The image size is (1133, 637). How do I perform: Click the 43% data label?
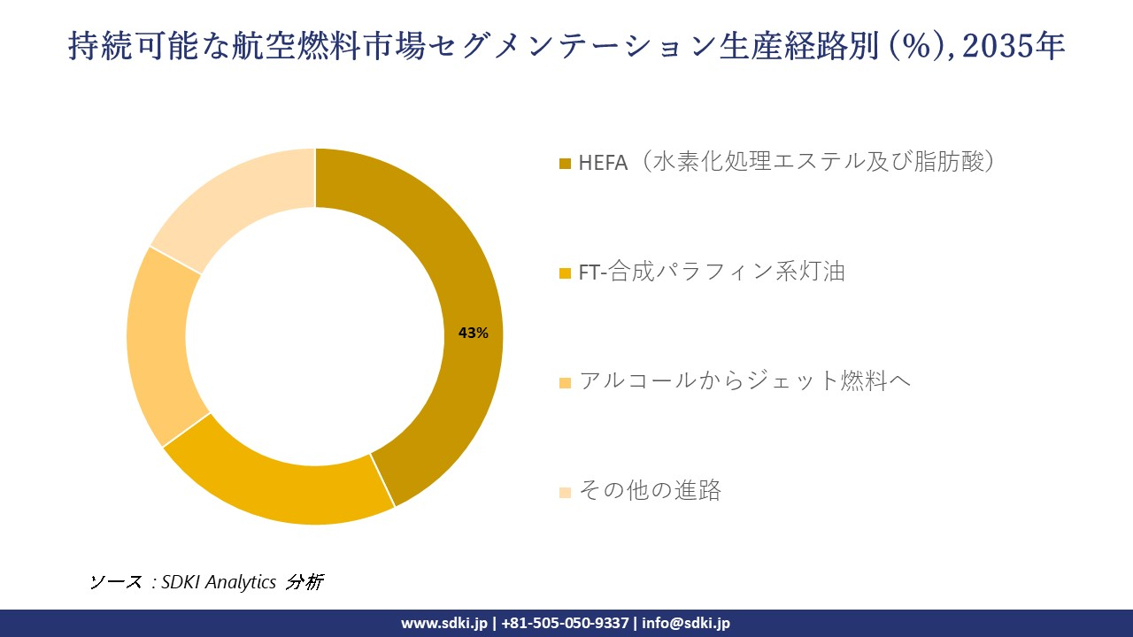point(473,334)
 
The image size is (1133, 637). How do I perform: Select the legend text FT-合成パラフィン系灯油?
point(712,272)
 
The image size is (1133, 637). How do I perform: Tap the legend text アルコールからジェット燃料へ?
point(744,381)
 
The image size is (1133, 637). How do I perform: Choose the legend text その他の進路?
point(650,490)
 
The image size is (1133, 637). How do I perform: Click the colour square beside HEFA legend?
point(566,164)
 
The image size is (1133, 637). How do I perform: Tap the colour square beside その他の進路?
point(566,492)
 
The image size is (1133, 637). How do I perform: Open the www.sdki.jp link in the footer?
point(444,623)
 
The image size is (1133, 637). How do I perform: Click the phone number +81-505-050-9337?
point(566,623)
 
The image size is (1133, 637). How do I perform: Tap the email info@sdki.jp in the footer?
point(686,623)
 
